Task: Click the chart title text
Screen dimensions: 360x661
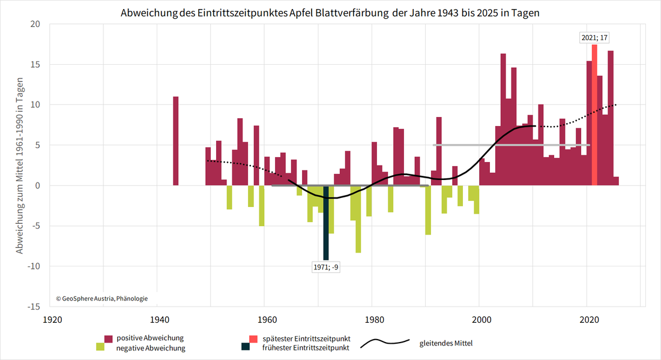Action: pyautogui.click(x=330, y=13)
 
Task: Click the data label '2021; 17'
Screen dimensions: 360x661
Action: pyautogui.click(x=594, y=38)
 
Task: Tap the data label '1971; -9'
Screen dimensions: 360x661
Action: pyautogui.click(x=326, y=268)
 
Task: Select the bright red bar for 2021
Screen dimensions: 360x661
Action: pyautogui.click(x=594, y=114)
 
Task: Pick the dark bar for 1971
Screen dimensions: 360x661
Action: pyautogui.click(x=326, y=222)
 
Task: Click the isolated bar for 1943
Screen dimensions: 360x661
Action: pyautogui.click(x=176, y=141)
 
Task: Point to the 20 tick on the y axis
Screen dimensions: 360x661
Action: pyautogui.click(x=35, y=24)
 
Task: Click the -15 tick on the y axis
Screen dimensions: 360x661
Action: pyautogui.click(x=34, y=307)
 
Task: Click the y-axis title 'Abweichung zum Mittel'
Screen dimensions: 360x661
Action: pyautogui.click(x=20, y=165)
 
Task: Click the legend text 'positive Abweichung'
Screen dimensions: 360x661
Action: pyautogui.click(x=150, y=338)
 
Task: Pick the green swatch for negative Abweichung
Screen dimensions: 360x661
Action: pyautogui.click(x=100, y=347)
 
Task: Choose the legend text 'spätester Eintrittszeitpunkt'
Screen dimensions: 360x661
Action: pyautogui.click(x=306, y=338)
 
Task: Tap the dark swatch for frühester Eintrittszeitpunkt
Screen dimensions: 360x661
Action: pyautogui.click(x=245, y=347)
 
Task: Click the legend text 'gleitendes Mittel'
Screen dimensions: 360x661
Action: pyautogui.click(x=446, y=343)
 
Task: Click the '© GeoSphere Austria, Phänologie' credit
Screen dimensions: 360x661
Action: pyautogui.click(x=101, y=298)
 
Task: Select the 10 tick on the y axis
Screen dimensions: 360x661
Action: pyautogui.click(x=35, y=104)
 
